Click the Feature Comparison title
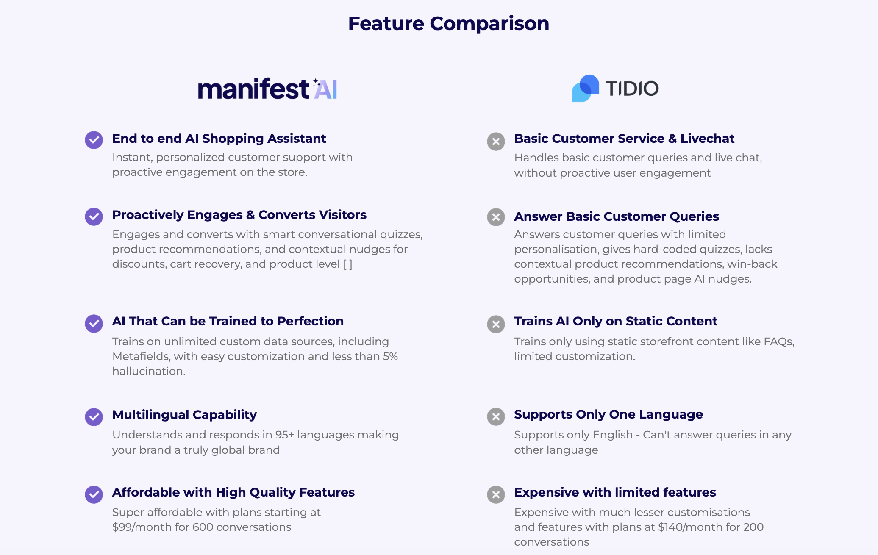pyautogui.click(x=448, y=24)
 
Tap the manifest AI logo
pyautogui.click(x=267, y=89)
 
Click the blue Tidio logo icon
pyautogui.click(x=585, y=89)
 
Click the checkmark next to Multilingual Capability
pyautogui.click(x=94, y=417)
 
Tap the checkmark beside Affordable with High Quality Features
pyautogui.click(x=94, y=494)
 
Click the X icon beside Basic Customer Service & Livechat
pyautogui.click(x=496, y=142)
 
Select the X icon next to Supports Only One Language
pyautogui.click(x=496, y=417)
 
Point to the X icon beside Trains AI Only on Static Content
pyautogui.click(x=496, y=325)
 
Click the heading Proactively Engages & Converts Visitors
pyautogui.click(x=239, y=215)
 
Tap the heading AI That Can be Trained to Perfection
pyautogui.click(x=228, y=321)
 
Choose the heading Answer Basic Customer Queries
pyautogui.click(x=616, y=216)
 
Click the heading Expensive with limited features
pyautogui.click(x=615, y=492)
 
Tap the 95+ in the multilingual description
pyautogui.click(x=284, y=435)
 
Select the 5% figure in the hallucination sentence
pyautogui.click(x=390, y=356)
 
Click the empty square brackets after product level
pyautogui.click(x=347, y=264)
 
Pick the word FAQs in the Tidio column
pyautogui.click(x=778, y=341)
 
